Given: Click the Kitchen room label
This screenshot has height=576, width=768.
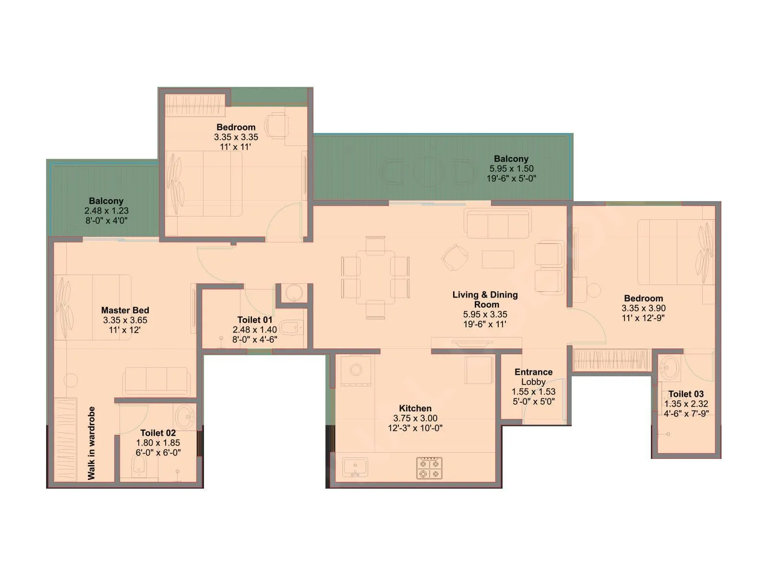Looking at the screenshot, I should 415,408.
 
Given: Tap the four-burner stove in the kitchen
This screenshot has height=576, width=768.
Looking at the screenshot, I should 429,468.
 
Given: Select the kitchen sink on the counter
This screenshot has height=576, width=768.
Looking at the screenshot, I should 355,467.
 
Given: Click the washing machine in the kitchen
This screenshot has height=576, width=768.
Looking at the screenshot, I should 356,370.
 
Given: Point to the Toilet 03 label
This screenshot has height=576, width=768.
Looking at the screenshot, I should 686,394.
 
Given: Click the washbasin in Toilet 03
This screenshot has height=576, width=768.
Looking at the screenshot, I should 669,368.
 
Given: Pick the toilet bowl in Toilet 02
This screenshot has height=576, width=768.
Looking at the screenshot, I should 139,465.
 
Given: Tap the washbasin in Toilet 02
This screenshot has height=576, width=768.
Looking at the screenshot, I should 184,416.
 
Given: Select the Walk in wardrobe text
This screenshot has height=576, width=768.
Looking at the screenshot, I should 92,443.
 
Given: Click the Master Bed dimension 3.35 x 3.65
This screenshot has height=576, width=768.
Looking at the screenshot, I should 125,320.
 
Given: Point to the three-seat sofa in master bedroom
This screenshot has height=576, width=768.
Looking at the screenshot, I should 156,381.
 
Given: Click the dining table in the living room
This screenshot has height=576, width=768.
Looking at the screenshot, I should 375,277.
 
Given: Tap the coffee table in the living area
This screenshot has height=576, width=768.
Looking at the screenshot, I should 498,259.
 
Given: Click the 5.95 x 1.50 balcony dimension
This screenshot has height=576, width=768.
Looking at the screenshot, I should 511,168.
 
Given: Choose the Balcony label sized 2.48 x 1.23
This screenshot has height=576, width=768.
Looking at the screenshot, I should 106,201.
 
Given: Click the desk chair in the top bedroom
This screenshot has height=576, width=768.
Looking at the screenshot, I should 276,125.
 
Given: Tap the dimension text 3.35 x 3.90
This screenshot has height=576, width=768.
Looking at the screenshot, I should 643,308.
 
